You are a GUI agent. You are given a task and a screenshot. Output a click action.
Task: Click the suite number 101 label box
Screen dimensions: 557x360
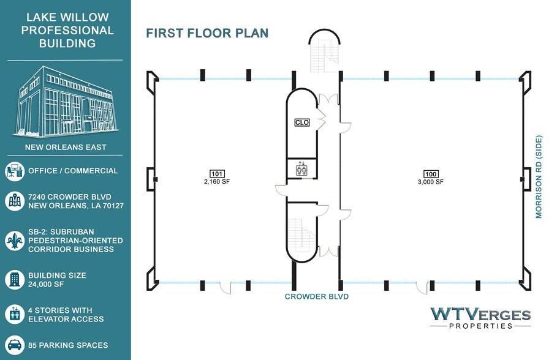click(x=217, y=174)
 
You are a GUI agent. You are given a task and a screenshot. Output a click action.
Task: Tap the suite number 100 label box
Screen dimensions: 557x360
click(x=431, y=174)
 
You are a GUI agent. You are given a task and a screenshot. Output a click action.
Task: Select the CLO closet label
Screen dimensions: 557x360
click(x=302, y=122)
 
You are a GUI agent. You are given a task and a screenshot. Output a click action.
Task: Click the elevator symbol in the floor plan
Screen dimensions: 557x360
click(x=301, y=168)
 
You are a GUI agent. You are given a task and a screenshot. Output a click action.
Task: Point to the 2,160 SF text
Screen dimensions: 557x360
click(x=217, y=181)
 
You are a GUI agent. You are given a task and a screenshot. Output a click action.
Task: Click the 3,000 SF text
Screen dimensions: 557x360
click(x=431, y=182)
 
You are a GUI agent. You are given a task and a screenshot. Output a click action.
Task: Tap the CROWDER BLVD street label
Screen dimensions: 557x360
click(x=317, y=296)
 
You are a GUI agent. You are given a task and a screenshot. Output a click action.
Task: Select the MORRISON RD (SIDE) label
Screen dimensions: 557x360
click(x=539, y=176)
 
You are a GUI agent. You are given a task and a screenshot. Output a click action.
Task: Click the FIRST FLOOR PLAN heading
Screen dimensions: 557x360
click(x=207, y=33)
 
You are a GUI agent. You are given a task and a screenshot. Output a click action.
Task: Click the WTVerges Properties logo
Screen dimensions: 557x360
click(x=480, y=318)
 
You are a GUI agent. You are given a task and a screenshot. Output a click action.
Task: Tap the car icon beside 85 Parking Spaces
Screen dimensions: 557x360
click(x=15, y=345)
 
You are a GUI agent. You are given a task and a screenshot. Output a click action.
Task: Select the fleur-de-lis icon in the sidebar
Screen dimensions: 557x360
click(x=15, y=241)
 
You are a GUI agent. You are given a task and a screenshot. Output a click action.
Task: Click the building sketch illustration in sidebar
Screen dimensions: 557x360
click(x=66, y=102)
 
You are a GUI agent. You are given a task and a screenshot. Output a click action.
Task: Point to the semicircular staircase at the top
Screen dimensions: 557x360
click(x=324, y=51)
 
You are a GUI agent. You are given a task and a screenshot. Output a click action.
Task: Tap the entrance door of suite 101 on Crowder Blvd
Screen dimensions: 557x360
click(x=225, y=287)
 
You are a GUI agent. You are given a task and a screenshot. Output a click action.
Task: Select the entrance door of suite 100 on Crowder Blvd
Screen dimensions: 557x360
click(x=422, y=287)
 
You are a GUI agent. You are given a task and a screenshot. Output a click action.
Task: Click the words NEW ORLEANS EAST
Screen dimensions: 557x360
click(x=66, y=148)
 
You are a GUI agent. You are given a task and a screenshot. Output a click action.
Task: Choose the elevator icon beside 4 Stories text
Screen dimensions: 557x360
click(x=15, y=314)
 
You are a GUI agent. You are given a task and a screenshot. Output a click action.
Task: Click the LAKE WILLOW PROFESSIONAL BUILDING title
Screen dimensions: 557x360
click(x=67, y=30)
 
